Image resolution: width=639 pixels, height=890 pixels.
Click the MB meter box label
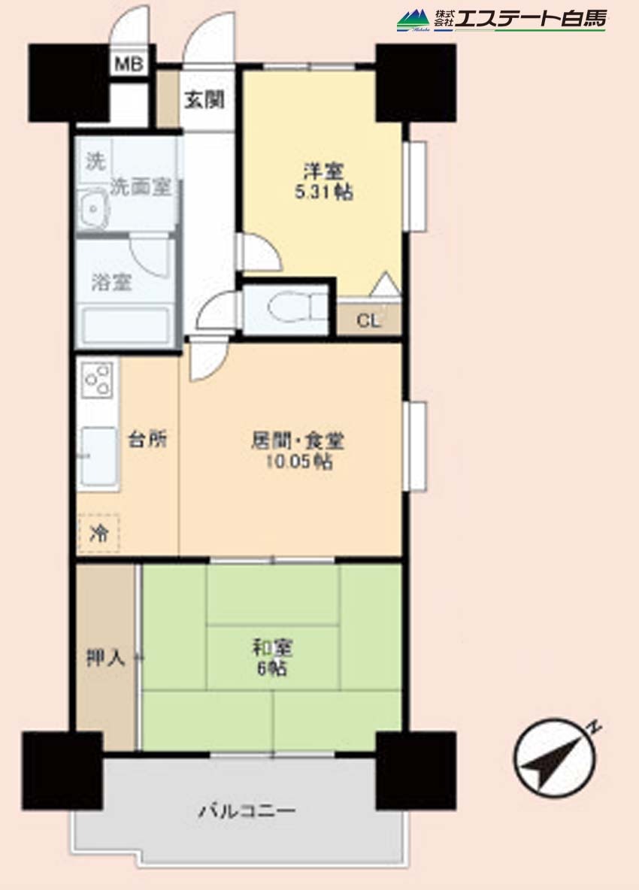[129, 64]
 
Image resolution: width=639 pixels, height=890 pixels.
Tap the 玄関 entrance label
[204, 100]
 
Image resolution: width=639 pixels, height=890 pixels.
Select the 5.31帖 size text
[323, 192]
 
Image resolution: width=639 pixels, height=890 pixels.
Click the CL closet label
[368, 321]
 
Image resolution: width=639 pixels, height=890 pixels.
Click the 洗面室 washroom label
[140, 186]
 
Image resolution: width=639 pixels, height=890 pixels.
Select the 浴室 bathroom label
[112, 282]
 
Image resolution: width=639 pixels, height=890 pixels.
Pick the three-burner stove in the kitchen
[97, 379]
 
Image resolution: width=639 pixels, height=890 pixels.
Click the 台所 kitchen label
[147, 439]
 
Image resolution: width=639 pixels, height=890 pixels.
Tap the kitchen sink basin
[98, 456]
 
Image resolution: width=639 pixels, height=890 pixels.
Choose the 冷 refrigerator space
[98, 533]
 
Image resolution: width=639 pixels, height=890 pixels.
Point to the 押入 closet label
[105, 657]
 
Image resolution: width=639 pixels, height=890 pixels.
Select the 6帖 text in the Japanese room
[272, 668]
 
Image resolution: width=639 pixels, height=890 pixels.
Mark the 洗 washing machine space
[95, 161]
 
